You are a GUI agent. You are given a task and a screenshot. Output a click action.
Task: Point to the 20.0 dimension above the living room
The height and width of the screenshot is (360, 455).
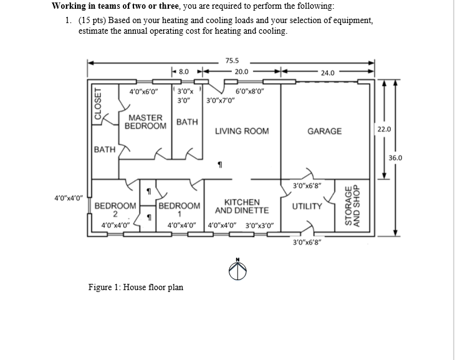(241, 72)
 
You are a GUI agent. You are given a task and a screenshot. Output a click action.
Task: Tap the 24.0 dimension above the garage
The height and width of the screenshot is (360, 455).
(328, 73)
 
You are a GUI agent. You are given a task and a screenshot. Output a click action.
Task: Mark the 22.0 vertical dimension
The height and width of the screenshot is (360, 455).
(385, 129)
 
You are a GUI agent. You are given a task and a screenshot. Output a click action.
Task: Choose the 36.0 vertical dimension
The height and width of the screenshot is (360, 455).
(396, 158)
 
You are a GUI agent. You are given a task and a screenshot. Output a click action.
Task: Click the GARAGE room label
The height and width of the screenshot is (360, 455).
(325, 131)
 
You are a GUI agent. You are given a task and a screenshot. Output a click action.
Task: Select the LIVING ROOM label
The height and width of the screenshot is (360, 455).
(242, 131)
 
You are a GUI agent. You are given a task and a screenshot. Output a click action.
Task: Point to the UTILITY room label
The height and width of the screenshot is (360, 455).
(307, 206)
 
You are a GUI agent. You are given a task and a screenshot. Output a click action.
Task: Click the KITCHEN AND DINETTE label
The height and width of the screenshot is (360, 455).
(242, 207)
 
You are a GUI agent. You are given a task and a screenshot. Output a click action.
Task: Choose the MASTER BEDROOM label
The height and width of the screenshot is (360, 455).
(146, 122)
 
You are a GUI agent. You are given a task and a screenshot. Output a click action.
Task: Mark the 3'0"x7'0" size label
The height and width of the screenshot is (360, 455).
(221, 100)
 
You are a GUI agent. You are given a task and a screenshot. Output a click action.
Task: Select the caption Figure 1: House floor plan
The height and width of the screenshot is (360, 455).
(135, 288)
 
